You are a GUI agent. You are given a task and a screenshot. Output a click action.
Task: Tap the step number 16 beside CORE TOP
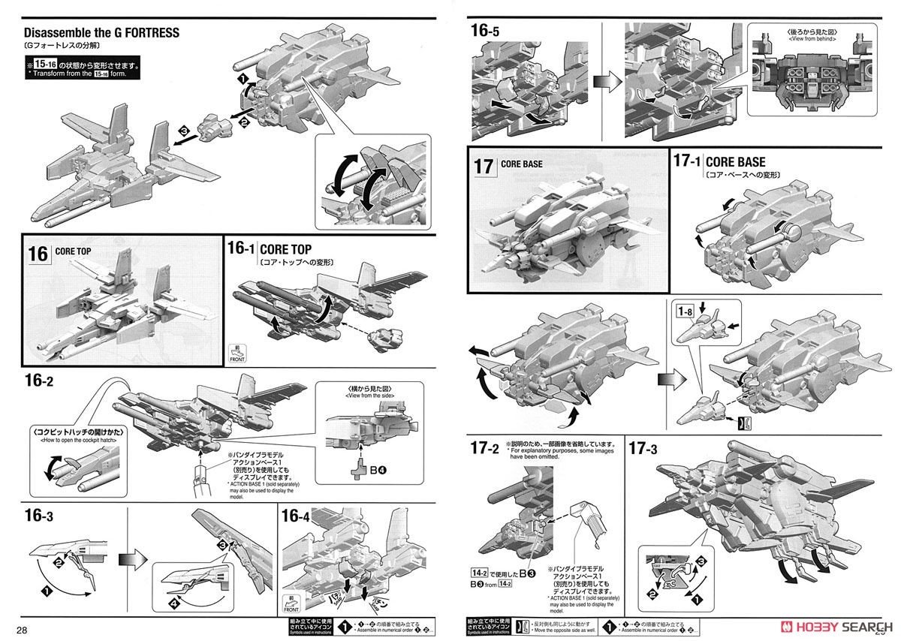coord(38,253)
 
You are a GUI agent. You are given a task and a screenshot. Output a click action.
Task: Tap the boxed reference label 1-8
coord(683,311)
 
